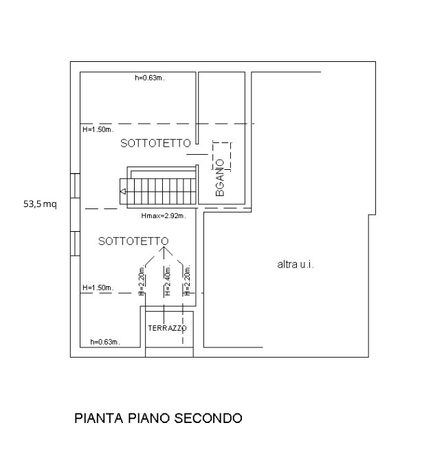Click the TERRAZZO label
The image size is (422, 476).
point(167,329)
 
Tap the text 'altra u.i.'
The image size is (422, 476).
point(295,264)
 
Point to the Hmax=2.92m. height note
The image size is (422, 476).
point(160,215)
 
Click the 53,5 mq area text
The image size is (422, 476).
point(40,204)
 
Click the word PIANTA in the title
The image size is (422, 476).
point(96,418)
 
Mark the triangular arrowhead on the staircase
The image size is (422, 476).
point(122,193)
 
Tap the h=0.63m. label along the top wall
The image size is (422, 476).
point(149,78)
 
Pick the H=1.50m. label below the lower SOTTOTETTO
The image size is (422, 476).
point(97,288)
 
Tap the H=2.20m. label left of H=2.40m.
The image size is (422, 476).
point(141,281)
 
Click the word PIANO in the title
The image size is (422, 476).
point(146,418)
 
